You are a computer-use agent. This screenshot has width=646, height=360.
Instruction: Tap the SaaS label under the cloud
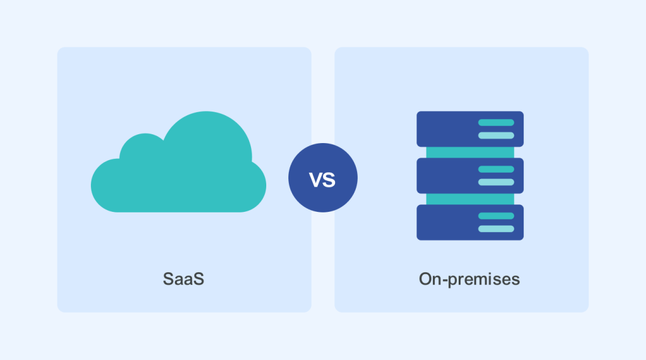point(184,279)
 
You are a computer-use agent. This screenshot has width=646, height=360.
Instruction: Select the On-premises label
point(469,279)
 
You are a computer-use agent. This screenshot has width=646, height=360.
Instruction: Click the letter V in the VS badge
point(315,180)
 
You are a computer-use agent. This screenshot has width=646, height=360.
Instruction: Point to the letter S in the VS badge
point(329,180)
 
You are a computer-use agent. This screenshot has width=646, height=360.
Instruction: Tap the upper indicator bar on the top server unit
point(496,122)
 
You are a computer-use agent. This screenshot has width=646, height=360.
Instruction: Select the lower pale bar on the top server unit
point(496,135)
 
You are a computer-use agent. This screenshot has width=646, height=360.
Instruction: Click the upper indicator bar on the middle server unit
point(496,169)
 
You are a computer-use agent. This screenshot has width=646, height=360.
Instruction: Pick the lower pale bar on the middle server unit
point(496,182)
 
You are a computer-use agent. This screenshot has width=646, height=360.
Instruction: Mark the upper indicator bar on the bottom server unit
point(496,216)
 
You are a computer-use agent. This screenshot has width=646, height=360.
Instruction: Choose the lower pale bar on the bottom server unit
point(496,228)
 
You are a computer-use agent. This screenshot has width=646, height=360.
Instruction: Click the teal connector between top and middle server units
point(470,152)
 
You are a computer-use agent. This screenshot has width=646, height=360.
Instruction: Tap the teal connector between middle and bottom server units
point(470,199)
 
